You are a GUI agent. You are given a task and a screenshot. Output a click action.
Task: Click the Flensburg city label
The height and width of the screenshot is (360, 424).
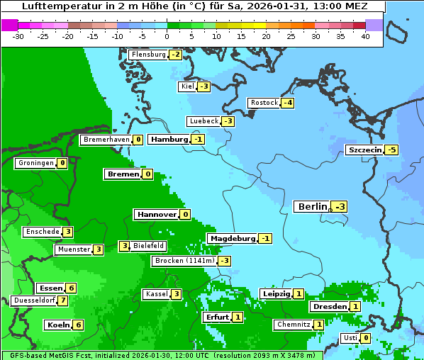pyautogui.click(x=148, y=55)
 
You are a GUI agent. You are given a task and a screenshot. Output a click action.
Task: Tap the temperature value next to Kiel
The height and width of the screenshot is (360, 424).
pyautogui.click(x=204, y=86)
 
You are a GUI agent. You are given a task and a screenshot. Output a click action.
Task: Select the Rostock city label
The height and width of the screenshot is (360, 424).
pyautogui.click(x=264, y=103)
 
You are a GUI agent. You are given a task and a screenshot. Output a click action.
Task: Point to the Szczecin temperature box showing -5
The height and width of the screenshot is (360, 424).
pyautogui.click(x=391, y=150)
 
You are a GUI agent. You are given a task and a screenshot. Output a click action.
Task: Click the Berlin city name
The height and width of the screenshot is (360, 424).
pyautogui.click(x=312, y=206)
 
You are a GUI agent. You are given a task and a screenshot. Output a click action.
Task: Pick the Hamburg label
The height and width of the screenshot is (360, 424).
pyautogui.click(x=169, y=140)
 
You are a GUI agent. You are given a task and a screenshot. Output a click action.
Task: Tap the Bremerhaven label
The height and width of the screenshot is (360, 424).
pyautogui.click(x=106, y=140)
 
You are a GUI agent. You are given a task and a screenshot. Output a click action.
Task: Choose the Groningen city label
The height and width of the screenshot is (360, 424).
pyautogui.click(x=36, y=163)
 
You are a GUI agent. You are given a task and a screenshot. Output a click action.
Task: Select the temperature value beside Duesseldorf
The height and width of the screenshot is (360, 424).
pyautogui.click(x=63, y=300)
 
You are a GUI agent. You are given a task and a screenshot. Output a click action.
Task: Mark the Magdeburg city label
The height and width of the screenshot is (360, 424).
pyautogui.click(x=232, y=239)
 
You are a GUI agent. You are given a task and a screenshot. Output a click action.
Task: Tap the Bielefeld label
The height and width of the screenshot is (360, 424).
pyautogui.click(x=149, y=246)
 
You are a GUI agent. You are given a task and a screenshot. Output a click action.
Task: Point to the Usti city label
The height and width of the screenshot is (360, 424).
pyautogui.click(x=350, y=338)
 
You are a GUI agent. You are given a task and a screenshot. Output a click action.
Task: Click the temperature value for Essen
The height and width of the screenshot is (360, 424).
pyautogui.click(x=71, y=288)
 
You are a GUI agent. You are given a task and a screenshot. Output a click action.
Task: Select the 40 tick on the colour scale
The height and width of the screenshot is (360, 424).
pyautogui.click(x=365, y=36)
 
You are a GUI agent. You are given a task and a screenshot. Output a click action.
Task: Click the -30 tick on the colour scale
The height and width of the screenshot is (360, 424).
pyautogui.click(x=18, y=36)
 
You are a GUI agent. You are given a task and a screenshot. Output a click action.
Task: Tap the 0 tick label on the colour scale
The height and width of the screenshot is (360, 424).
pyautogui.click(x=167, y=36)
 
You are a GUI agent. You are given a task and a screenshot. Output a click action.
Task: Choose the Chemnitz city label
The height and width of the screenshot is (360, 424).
pyautogui.click(x=294, y=325)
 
